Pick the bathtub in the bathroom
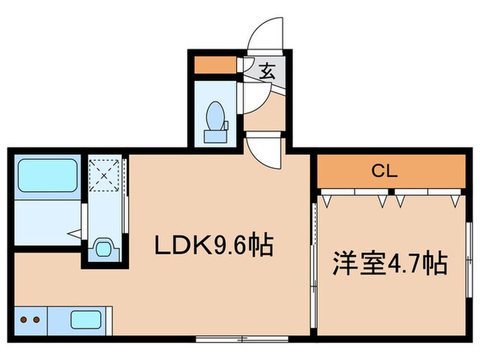pos(47,176)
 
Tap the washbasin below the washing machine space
pos(104,248)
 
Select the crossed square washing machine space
pos(104,175)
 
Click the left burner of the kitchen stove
pos(22,320)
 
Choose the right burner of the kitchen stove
pos(34,320)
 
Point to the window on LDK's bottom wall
pos(240,338)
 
